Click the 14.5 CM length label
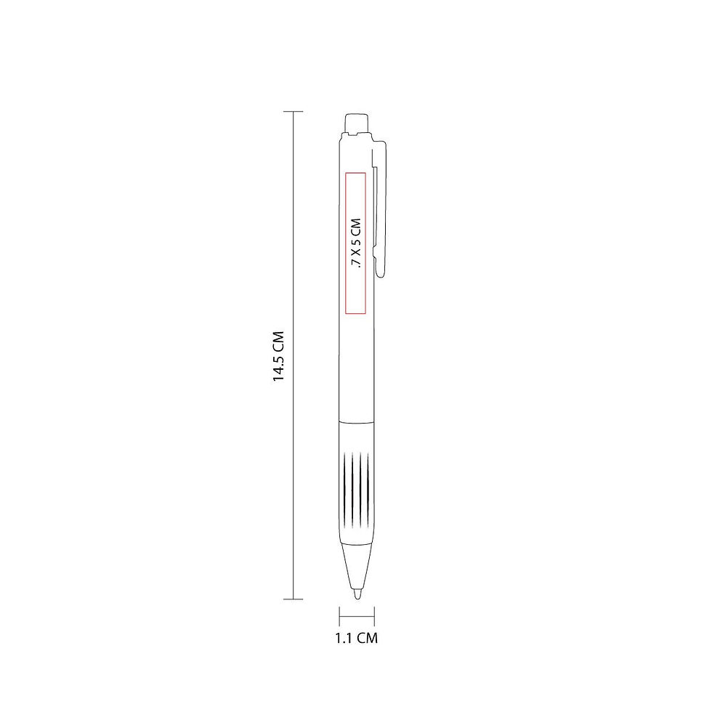(278, 356)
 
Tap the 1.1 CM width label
(357, 638)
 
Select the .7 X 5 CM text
(356, 244)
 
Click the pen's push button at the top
(357, 123)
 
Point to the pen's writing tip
(357, 594)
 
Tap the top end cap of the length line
(293, 111)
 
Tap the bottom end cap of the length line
(293, 599)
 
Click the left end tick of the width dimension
(339, 616)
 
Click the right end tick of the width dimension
(374, 616)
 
